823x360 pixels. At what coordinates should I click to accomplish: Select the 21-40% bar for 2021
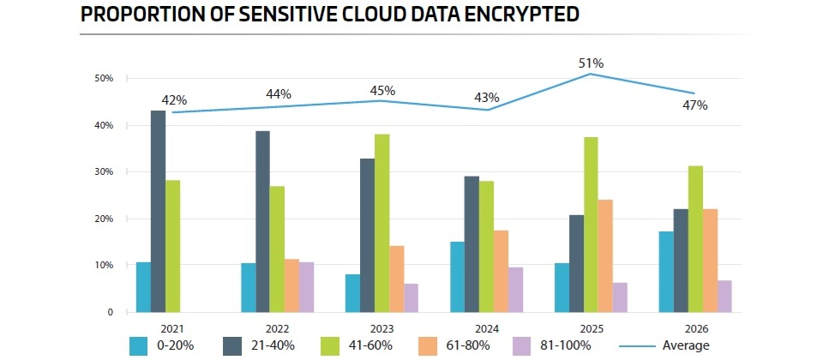[159, 212]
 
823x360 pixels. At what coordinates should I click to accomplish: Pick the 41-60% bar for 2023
[381, 224]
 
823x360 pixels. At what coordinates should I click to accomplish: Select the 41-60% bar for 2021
[173, 246]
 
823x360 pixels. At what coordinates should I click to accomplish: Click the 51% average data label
[592, 63]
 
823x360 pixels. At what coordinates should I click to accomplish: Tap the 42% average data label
[174, 99]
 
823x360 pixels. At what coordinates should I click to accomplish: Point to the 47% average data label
[694, 105]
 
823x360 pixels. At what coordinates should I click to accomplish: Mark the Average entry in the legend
[686, 345]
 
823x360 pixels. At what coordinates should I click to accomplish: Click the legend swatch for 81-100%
[523, 345]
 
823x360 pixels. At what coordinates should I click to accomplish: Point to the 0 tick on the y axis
[110, 313]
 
